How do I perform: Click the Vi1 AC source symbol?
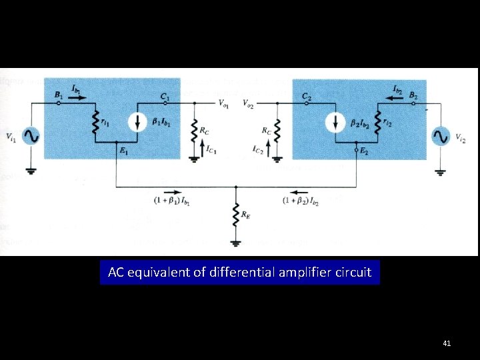tap(31, 137)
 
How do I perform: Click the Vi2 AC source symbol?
tap(440, 137)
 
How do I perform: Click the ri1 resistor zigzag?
tap(95, 123)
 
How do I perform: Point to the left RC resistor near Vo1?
tap(195, 131)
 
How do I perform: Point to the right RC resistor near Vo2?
tap(277, 131)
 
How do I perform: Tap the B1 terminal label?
tap(59, 95)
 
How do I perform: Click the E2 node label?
tap(363, 151)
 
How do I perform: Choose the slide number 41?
tap(447, 343)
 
